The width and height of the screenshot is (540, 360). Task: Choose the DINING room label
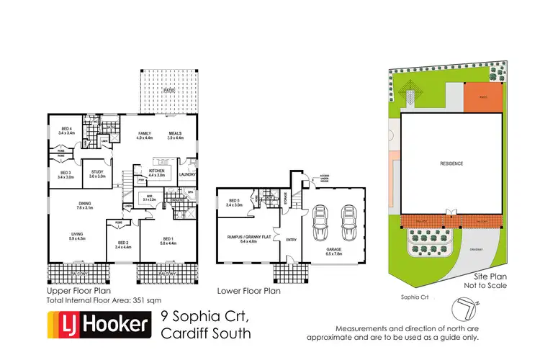(85, 205)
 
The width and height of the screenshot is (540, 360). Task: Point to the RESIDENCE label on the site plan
(451, 164)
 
